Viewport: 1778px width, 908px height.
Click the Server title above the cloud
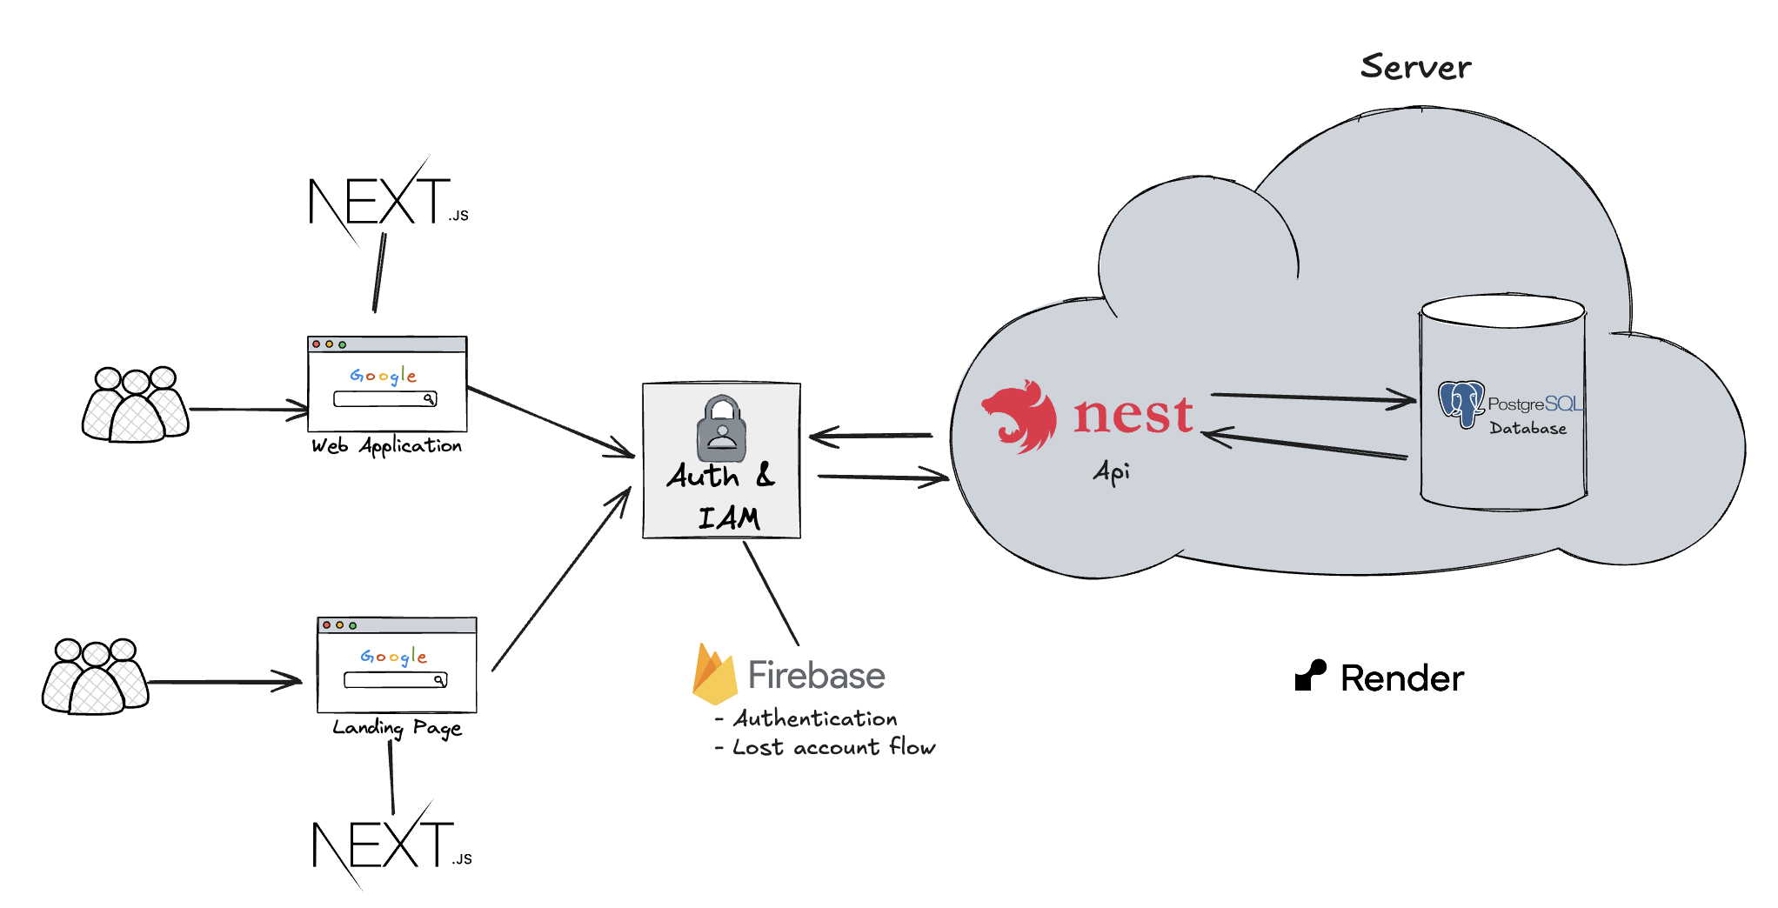tap(1415, 67)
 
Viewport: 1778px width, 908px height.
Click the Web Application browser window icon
tap(387, 384)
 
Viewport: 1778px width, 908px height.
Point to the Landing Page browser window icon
tap(397, 664)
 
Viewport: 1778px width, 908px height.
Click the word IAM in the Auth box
tap(729, 518)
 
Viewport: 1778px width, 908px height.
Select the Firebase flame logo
tap(714, 675)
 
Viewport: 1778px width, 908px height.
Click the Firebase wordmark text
tap(816, 676)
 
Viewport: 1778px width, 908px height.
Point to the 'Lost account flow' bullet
tap(832, 747)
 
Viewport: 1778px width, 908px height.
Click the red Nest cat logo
tap(1019, 417)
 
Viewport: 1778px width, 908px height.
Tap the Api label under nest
tap(1112, 472)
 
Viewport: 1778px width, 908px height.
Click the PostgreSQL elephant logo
tap(1460, 404)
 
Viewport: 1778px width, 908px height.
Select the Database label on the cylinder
tap(1527, 428)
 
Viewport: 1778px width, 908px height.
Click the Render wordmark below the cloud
tap(1401, 678)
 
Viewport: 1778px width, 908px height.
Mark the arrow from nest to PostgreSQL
tap(1313, 397)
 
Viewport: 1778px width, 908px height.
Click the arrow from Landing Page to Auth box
tap(561, 579)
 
